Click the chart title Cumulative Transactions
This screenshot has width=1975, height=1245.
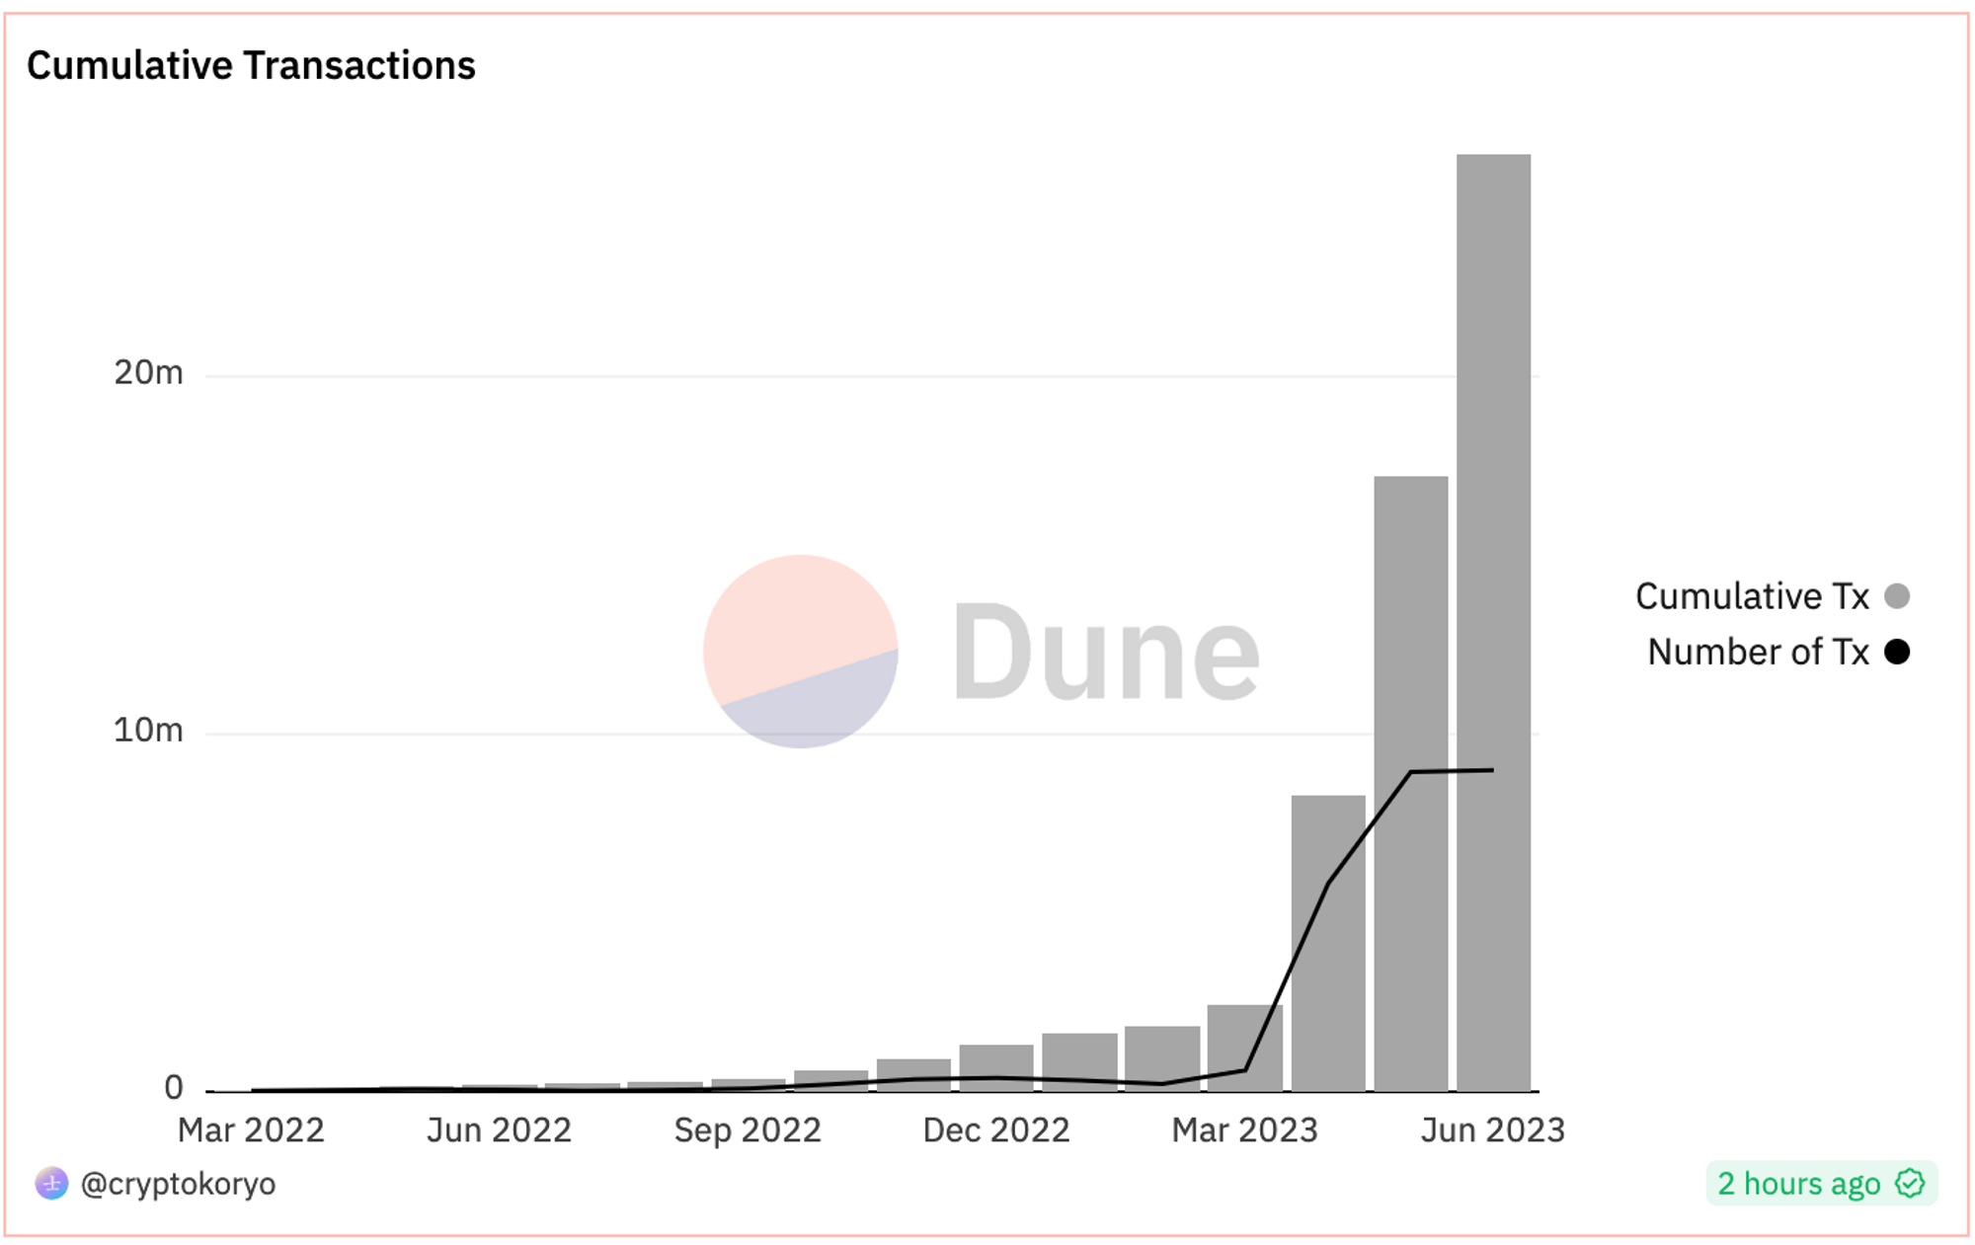pos(251,66)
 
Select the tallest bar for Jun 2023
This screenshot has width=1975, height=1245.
pos(1493,622)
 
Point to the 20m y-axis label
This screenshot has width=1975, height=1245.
pos(148,373)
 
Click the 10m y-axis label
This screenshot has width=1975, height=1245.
pos(148,731)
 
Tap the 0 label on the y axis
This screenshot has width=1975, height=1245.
pos(174,1088)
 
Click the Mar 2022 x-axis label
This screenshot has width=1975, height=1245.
pos(251,1130)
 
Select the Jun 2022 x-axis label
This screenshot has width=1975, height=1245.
pos(499,1130)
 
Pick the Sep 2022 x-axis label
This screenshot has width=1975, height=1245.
pos(748,1130)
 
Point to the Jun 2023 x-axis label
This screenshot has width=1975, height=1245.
pos(1492,1130)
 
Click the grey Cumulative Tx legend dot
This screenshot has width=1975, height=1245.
pos(1896,596)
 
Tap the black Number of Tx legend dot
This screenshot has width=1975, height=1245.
pos(1896,652)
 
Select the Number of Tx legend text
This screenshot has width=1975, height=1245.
pos(1758,652)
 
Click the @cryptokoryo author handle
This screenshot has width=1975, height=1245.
pos(178,1184)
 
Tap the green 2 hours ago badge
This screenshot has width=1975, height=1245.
pos(1821,1184)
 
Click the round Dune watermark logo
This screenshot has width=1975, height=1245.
pos(800,652)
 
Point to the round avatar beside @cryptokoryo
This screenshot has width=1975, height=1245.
pos(51,1183)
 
